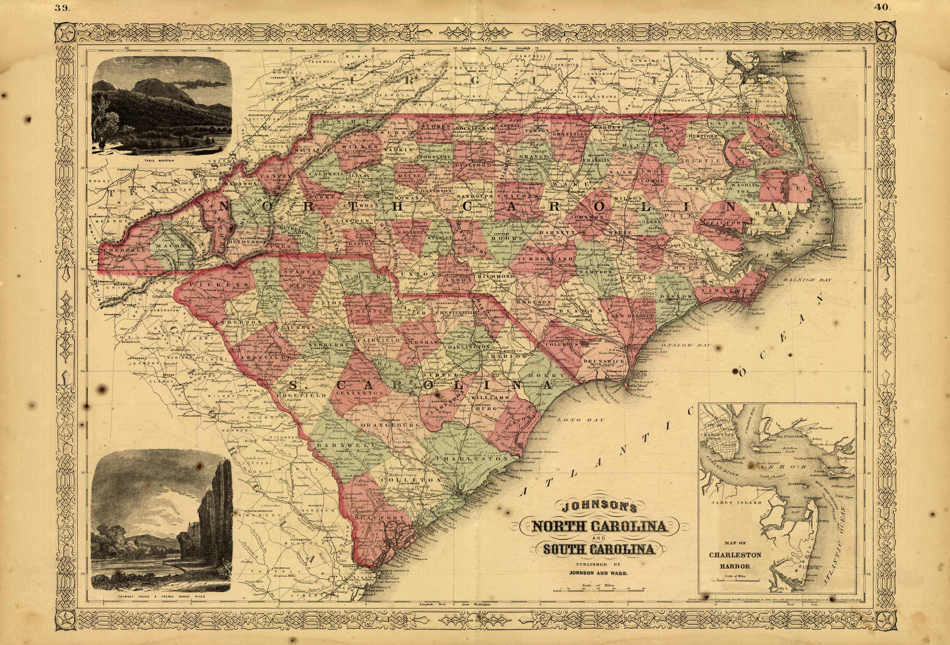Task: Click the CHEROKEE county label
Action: coord(119,249)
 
